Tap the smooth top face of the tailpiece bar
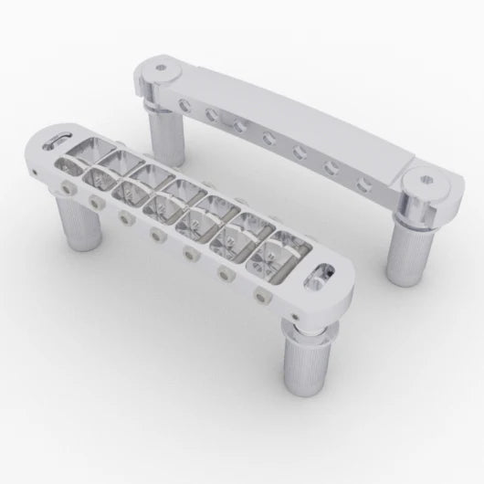[301, 128]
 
